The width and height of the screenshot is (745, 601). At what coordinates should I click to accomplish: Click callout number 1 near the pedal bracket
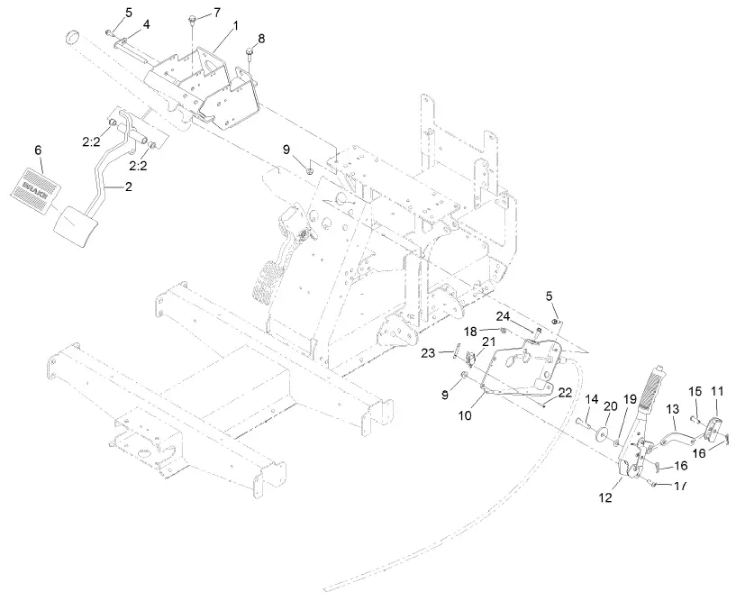235,26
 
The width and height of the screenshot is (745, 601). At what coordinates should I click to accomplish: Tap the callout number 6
39,150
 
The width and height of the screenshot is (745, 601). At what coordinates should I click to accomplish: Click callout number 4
147,23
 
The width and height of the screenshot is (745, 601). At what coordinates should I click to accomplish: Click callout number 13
672,409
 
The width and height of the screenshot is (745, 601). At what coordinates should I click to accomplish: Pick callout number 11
717,391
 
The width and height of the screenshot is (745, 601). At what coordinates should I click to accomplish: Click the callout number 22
565,392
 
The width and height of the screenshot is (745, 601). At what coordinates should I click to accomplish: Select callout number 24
528,315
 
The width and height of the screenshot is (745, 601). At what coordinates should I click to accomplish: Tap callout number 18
495,332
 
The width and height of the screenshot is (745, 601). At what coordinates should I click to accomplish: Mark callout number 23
429,352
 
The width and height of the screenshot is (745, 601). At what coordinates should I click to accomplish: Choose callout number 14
592,399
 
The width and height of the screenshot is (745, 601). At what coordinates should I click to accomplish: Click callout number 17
679,486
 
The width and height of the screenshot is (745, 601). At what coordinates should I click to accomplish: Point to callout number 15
695,391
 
